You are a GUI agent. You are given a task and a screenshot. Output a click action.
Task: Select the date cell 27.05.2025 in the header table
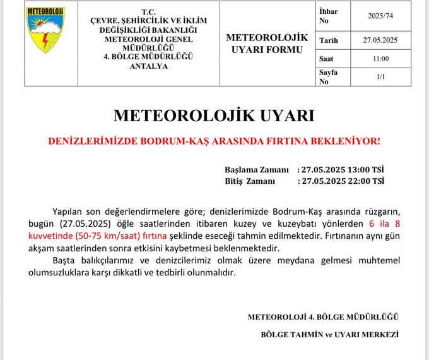[x=380, y=40]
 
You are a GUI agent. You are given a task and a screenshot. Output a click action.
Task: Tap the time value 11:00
[x=380, y=59]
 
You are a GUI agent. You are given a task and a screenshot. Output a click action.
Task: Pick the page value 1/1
[x=380, y=76]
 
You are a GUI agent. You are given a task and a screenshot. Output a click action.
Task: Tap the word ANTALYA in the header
[x=148, y=66]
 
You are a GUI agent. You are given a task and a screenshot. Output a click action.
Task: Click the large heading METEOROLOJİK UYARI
[x=214, y=116]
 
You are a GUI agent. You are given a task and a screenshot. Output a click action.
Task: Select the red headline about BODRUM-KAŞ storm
[x=214, y=140]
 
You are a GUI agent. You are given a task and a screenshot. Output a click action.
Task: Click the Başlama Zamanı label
[x=257, y=170]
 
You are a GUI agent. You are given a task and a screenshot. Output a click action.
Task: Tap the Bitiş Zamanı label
[x=250, y=181]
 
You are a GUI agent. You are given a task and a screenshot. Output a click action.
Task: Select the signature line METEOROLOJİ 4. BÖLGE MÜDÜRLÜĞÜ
[x=323, y=316]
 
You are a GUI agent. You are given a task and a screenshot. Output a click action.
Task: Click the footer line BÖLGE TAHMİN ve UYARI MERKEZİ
[x=329, y=334]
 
